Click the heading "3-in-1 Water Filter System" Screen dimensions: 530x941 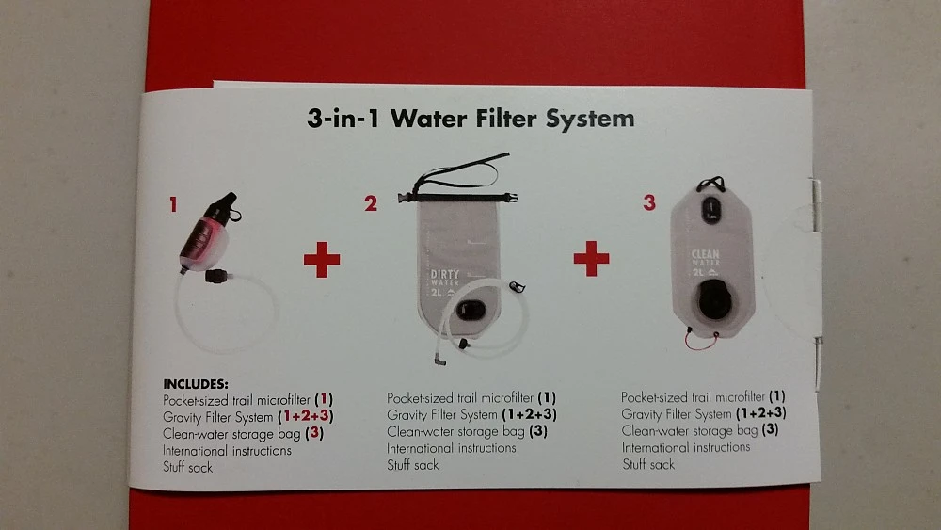470,119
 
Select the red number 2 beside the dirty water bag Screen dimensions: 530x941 371,202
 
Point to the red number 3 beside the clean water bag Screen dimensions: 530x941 648,201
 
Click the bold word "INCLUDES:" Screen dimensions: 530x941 196,384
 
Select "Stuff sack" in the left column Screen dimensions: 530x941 187,467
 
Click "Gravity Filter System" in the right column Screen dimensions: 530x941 677,413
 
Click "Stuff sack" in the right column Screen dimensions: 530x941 648,464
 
